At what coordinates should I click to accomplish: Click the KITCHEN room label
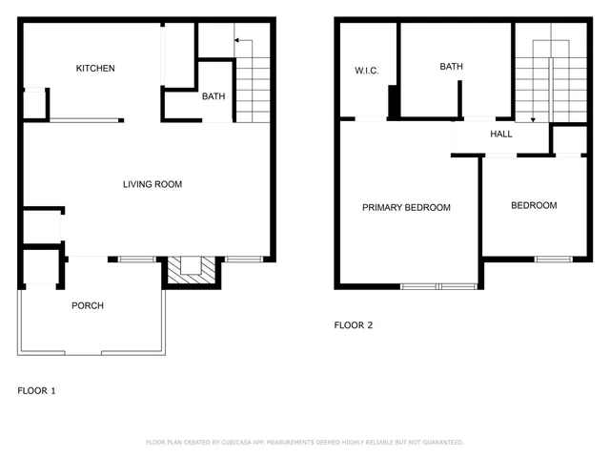(x=95, y=68)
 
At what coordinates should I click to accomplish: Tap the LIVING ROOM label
(x=152, y=184)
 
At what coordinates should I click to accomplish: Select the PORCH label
(x=88, y=305)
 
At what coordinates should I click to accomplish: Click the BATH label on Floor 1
(x=213, y=96)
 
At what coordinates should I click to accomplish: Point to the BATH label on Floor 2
(x=451, y=67)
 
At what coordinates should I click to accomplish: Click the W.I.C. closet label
(x=367, y=70)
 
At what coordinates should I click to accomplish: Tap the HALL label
(x=501, y=135)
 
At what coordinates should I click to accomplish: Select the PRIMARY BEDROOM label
(x=406, y=207)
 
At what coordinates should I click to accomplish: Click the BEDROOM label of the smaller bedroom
(x=534, y=205)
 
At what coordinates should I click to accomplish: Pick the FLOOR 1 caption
(x=37, y=390)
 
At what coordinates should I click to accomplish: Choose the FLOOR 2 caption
(x=353, y=325)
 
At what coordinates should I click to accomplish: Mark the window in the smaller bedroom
(x=553, y=259)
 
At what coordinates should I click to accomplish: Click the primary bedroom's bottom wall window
(x=438, y=285)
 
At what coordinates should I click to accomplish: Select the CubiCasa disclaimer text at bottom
(x=304, y=442)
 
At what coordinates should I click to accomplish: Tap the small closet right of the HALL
(x=569, y=139)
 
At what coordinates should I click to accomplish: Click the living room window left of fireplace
(x=137, y=259)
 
